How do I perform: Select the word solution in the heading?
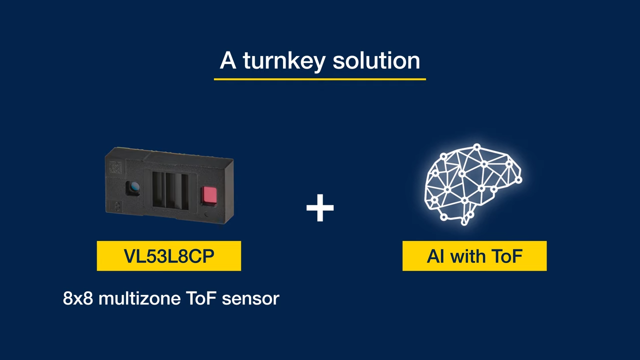tap(376, 60)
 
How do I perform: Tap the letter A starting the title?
tap(227, 61)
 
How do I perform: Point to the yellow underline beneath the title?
tap(319, 78)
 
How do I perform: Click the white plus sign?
tap(320, 208)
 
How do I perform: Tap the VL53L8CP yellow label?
tap(169, 256)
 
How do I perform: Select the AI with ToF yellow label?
tap(474, 256)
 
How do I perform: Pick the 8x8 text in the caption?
tap(78, 298)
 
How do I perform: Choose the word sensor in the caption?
tap(250, 298)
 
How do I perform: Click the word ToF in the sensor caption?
tap(200, 298)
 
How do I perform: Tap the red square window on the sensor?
tap(208, 195)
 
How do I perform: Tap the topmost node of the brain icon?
tap(477, 147)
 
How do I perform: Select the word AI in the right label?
tap(435, 256)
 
